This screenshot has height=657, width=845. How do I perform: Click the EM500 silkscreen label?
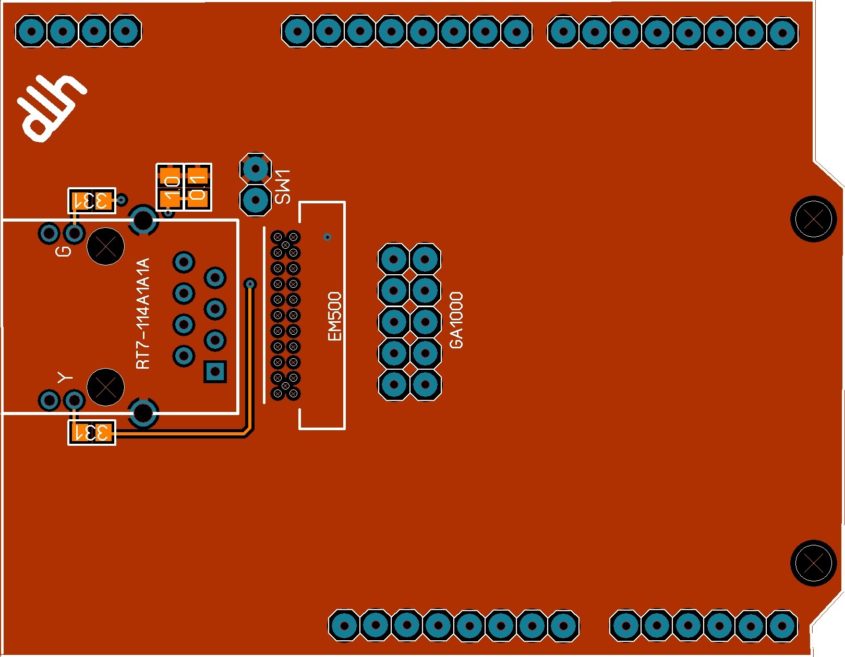[x=334, y=316]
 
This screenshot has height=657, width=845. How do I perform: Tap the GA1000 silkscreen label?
[x=456, y=320]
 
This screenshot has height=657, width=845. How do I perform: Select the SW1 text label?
[x=283, y=186]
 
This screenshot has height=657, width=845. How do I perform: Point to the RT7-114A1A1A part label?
[x=143, y=313]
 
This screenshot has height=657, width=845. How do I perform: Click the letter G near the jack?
[x=64, y=251]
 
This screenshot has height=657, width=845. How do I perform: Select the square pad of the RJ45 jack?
[x=215, y=372]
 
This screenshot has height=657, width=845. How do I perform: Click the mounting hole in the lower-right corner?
[x=813, y=563]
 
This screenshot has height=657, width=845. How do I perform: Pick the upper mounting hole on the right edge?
[x=813, y=219]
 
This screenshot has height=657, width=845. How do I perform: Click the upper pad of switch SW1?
[x=256, y=168]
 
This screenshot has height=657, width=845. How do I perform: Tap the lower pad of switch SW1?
[x=256, y=199]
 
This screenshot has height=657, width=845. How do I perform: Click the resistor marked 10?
[x=171, y=187]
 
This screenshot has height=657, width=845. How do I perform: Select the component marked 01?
[x=198, y=187]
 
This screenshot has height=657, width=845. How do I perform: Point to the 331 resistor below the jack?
[x=92, y=433]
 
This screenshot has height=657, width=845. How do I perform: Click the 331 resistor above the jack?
[x=92, y=200]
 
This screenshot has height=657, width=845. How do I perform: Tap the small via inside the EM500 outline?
[x=327, y=237]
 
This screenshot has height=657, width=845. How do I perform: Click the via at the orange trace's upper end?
[x=250, y=284]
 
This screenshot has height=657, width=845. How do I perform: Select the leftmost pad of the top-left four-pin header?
[x=31, y=31]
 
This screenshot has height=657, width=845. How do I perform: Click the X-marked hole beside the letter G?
[x=105, y=247]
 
